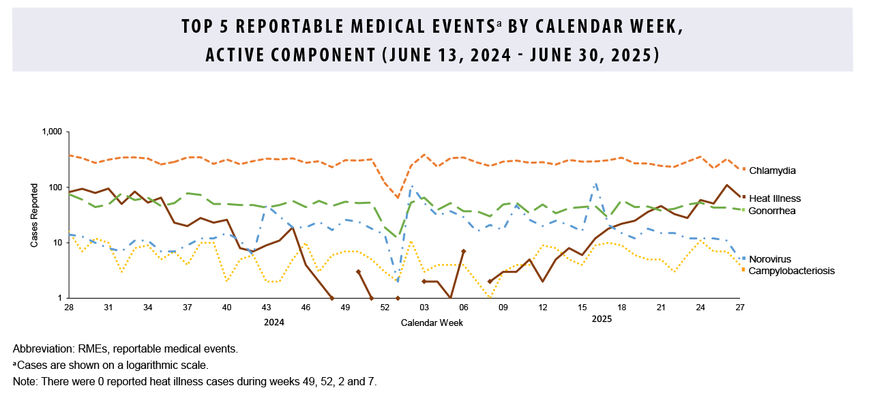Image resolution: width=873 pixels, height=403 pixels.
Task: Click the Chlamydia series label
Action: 773,170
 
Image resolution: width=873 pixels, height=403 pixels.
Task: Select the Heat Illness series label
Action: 775,198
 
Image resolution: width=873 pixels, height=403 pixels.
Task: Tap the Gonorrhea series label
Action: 772,211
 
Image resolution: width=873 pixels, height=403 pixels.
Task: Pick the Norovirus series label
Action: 771,259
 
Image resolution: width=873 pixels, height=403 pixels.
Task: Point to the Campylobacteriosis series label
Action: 791,271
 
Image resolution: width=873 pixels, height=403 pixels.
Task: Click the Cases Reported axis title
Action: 34,215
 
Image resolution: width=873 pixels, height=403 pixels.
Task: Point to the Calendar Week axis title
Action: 432,323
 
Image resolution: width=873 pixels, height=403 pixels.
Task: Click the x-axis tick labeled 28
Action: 69,308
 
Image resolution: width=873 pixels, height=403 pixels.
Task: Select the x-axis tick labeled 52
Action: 385,308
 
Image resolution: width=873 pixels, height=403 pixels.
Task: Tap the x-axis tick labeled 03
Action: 424,308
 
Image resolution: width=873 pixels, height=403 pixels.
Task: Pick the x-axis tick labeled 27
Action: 740,308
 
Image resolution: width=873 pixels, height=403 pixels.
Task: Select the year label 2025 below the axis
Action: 602,319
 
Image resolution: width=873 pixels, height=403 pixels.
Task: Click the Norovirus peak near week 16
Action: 596,183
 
